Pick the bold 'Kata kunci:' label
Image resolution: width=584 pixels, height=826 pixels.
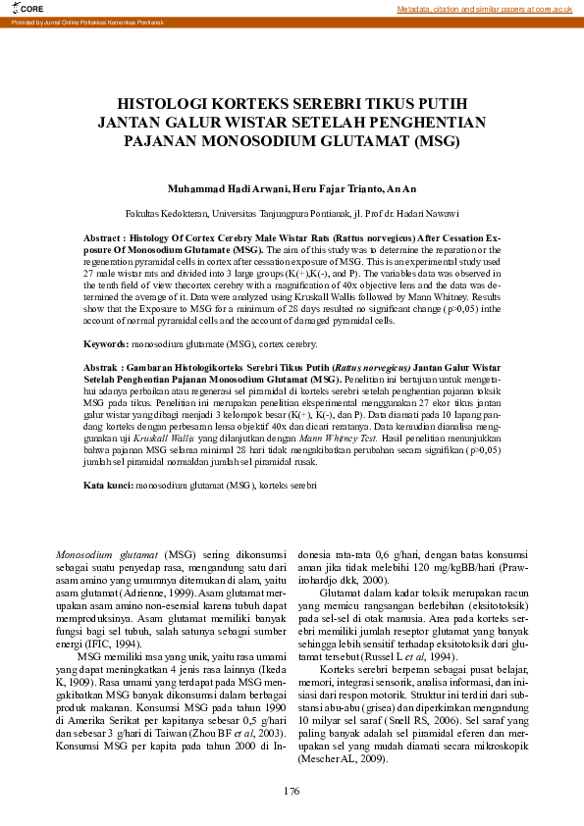click(108, 486)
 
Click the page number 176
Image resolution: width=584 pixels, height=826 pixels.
click(292, 791)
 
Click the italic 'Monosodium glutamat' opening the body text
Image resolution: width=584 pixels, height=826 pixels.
click(107, 554)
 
